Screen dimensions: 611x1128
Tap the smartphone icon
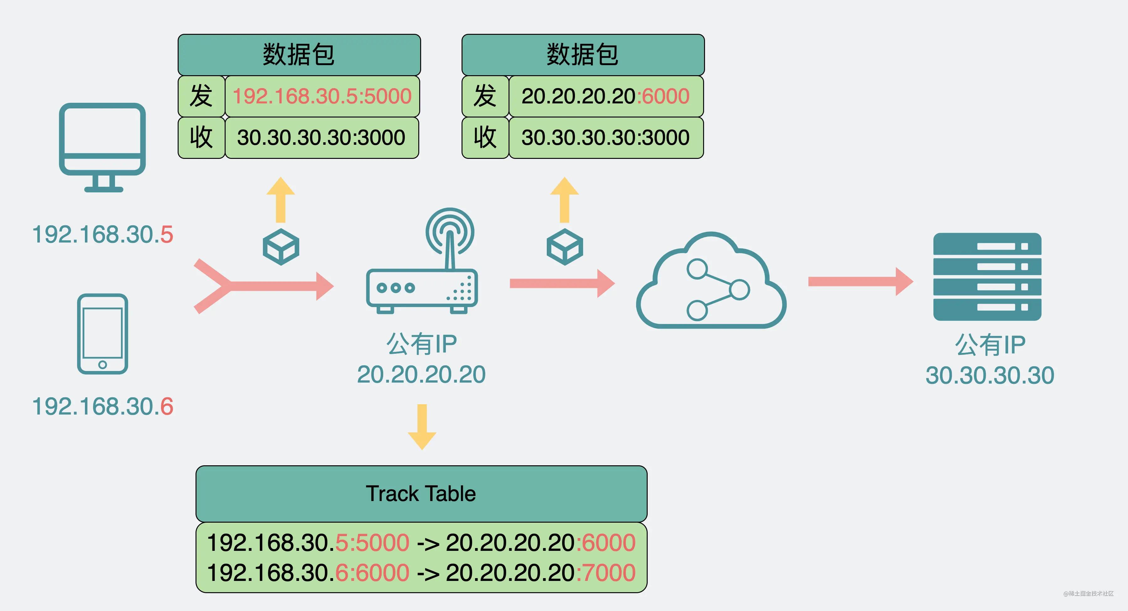pyautogui.click(x=102, y=334)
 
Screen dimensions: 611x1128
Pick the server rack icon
pyautogui.click(x=987, y=277)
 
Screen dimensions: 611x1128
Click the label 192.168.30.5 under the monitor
pyautogui.click(x=102, y=234)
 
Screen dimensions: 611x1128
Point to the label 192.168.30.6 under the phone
pyautogui.click(x=102, y=406)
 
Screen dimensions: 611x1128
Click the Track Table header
pyautogui.click(x=421, y=494)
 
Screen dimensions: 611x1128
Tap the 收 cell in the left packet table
pyautogui.click(x=201, y=138)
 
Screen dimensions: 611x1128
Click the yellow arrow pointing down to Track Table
pyautogui.click(x=422, y=427)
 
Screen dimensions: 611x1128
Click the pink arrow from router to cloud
pyautogui.click(x=561, y=283)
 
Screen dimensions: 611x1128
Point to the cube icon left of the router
pyautogui.click(x=281, y=247)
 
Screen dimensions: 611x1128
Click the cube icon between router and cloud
pyautogui.click(x=564, y=247)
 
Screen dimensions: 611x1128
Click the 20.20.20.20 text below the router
pyautogui.click(x=421, y=374)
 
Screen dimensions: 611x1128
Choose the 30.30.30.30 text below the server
pyautogui.click(x=989, y=375)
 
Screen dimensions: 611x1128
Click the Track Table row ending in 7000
pyautogui.click(x=421, y=572)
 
